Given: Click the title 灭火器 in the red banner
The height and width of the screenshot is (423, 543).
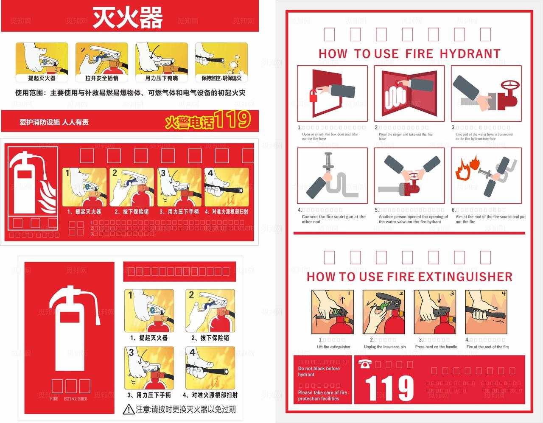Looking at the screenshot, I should [x=128, y=17].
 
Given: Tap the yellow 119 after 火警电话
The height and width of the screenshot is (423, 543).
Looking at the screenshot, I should [x=232, y=120].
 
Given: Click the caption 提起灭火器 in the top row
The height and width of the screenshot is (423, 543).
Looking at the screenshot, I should [x=42, y=78].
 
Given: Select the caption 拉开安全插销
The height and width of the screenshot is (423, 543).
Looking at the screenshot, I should [x=102, y=78].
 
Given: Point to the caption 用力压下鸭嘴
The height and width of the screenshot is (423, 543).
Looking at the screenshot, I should [x=162, y=78].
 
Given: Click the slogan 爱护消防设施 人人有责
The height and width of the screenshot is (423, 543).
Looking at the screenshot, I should [x=54, y=122].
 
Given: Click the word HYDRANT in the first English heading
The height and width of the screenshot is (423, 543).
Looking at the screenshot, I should [x=470, y=54].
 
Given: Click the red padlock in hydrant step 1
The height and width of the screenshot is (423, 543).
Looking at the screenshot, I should [x=314, y=95].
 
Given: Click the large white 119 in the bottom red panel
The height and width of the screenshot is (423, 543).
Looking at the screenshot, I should [x=389, y=388].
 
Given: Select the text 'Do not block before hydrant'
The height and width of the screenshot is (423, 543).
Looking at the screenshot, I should [x=319, y=372].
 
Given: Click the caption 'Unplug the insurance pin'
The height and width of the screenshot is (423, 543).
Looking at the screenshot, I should [x=385, y=347].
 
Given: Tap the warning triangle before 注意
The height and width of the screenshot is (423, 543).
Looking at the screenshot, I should [x=129, y=409].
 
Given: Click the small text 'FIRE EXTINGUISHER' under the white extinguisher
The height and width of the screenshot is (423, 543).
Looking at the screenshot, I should [x=68, y=399].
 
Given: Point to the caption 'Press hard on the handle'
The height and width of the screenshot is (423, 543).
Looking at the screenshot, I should [x=436, y=347].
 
